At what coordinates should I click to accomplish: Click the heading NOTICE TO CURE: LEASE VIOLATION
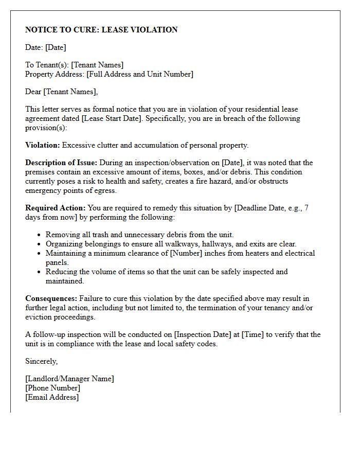pyautogui.click(x=101, y=30)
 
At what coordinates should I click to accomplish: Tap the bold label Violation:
pyautogui.click(x=43, y=145)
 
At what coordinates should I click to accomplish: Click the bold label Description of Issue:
pyautogui.click(x=61, y=163)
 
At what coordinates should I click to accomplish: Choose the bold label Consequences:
pyautogui.click(x=51, y=298)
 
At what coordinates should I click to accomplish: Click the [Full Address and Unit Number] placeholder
pyautogui.click(x=140, y=74)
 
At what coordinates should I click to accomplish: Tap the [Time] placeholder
pyautogui.click(x=253, y=334)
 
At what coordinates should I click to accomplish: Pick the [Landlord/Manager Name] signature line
pyautogui.click(x=69, y=379)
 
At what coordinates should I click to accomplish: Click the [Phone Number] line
pyautogui.click(x=52, y=388)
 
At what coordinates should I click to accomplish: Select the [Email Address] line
pyautogui.click(x=52, y=397)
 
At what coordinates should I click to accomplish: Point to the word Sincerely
pyautogui.click(x=42, y=361)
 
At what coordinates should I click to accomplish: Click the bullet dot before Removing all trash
pyautogui.click(x=40, y=235)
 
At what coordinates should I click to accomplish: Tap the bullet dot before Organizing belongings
pyautogui.click(x=40, y=244)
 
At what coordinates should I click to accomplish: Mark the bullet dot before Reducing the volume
pyautogui.click(x=40, y=272)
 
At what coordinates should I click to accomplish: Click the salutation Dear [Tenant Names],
pyautogui.click(x=61, y=92)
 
